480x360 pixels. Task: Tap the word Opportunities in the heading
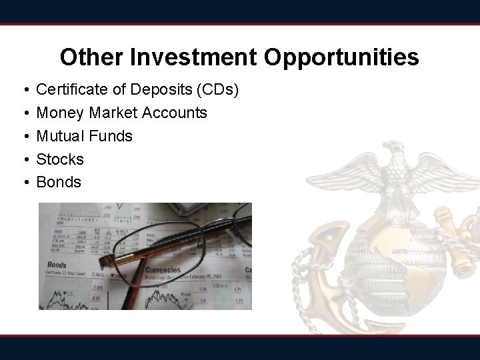click(341, 57)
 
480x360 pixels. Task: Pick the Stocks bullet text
click(60, 159)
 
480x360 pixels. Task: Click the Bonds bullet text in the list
click(59, 182)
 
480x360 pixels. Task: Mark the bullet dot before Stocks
click(23, 159)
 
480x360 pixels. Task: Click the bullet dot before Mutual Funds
click(23, 136)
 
